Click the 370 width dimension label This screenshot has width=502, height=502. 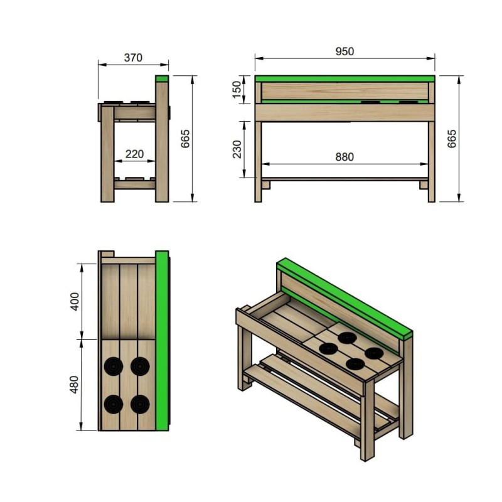[133, 58]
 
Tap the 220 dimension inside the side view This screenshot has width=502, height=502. [133, 154]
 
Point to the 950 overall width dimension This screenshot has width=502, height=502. [344, 51]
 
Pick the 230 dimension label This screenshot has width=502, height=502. [237, 149]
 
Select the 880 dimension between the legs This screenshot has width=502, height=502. [344, 157]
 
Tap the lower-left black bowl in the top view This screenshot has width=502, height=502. [114, 404]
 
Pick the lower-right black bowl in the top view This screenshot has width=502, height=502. [139, 404]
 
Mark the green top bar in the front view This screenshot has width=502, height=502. [344, 78]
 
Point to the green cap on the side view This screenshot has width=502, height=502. [162, 79]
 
